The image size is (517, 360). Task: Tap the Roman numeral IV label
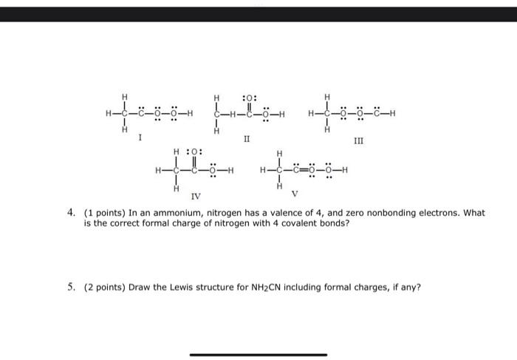[195, 197]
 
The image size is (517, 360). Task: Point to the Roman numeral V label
[294, 195]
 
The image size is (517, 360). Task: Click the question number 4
[71, 213]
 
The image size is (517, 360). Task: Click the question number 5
[71, 287]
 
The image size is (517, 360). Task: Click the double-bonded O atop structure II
[249, 97]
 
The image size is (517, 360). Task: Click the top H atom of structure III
[326, 97]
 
